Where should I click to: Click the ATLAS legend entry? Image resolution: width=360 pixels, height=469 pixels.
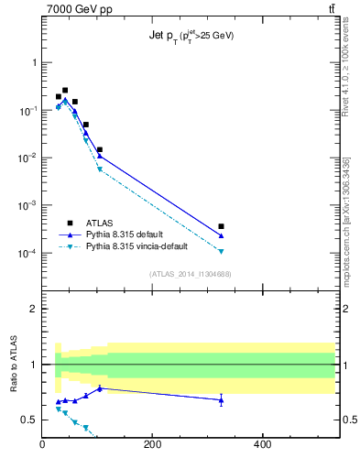point(99,223)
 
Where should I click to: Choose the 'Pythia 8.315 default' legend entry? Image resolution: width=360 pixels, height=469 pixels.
point(124,234)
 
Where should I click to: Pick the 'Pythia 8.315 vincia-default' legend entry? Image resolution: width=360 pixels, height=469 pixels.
point(136,246)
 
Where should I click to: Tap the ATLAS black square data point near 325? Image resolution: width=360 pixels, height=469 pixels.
point(221,226)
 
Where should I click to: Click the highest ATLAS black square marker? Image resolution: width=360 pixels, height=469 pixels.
point(65,91)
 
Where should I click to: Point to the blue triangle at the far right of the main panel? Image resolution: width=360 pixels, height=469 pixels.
point(221,236)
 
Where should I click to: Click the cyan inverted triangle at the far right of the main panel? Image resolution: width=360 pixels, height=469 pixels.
point(221,251)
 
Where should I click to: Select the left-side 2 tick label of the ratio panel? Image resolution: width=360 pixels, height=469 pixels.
point(33,309)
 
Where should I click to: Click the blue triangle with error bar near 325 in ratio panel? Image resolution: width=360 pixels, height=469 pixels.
point(221,399)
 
